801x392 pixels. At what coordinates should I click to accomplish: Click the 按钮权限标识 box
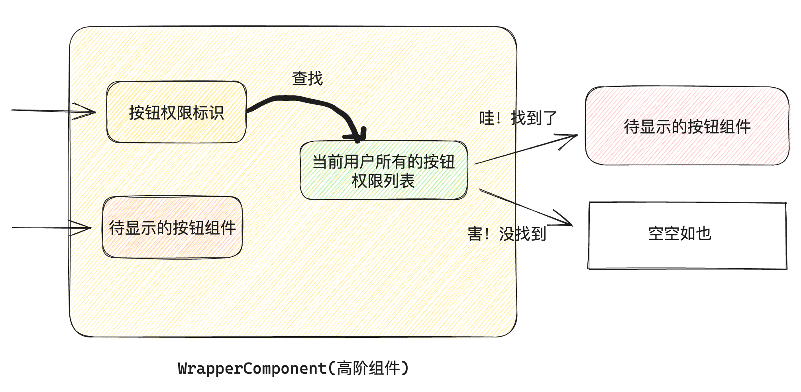(176, 112)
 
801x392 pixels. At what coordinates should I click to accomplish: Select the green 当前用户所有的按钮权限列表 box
(383, 171)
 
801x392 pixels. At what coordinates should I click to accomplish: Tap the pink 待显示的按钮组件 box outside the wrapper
(687, 126)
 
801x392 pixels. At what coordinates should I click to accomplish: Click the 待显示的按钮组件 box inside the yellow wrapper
(172, 227)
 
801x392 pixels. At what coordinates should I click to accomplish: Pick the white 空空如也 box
(687, 235)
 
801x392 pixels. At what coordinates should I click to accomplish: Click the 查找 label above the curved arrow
(307, 78)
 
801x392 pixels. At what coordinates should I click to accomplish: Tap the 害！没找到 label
(507, 234)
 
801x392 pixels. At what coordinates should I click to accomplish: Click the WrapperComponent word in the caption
(252, 368)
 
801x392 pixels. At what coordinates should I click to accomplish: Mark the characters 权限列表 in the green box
(383, 181)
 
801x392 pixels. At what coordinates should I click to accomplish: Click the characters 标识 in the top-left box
(208, 113)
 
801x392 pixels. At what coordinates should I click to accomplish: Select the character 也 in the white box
(704, 233)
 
